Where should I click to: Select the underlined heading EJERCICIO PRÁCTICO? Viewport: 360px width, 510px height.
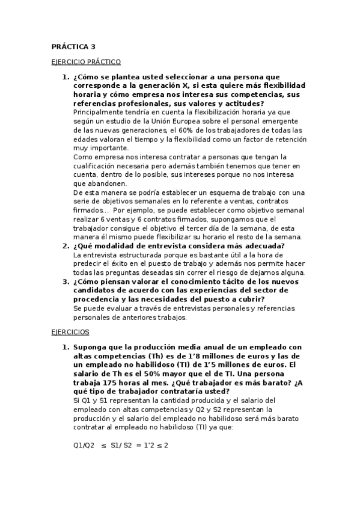[x=86, y=61]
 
